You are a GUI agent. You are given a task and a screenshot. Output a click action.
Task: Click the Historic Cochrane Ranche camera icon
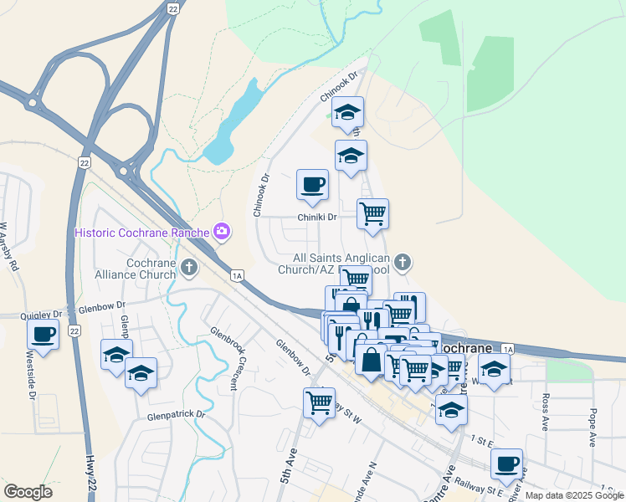[222, 231]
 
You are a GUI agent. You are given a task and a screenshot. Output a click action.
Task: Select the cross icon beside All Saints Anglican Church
[403, 264]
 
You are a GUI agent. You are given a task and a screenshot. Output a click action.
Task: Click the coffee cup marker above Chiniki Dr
[312, 185]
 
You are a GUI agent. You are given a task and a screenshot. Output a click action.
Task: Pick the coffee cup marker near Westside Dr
[44, 336]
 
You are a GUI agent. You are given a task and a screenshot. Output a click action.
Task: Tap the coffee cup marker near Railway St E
[506, 464]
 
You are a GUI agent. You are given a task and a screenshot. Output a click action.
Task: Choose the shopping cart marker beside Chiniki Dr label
[372, 213]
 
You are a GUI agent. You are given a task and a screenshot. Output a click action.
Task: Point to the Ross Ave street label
[545, 411]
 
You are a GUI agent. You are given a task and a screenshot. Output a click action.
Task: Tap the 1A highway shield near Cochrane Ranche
[237, 275]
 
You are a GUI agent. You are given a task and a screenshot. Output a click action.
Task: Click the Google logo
[28, 492]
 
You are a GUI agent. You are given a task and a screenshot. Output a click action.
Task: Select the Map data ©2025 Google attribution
[574, 495]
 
